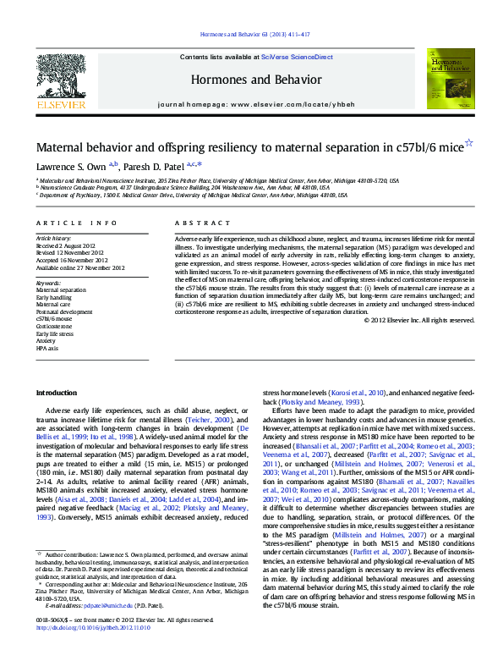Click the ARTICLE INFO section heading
click(x=77, y=223)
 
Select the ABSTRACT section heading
click(x=194, y=223)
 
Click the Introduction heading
click(x=57, y=392)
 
